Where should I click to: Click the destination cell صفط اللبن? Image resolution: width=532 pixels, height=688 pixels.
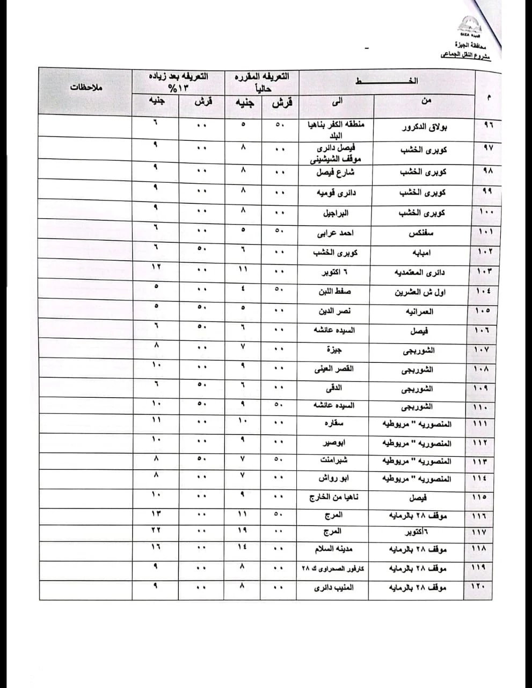tap(335, 291)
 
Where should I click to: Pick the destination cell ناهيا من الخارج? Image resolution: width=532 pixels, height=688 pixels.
tap(334, 497)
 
